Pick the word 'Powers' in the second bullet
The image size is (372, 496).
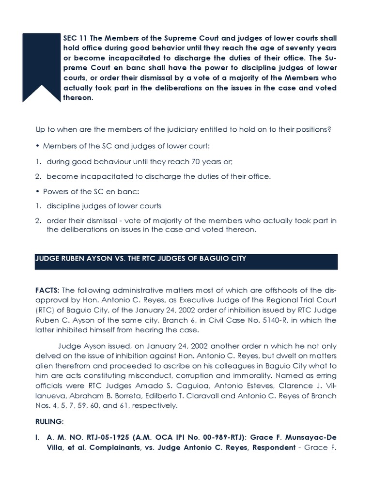(x=55, y=191)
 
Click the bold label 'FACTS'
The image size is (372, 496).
(x=46, y=290)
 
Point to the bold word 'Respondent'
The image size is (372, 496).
(x=272, y=448)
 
